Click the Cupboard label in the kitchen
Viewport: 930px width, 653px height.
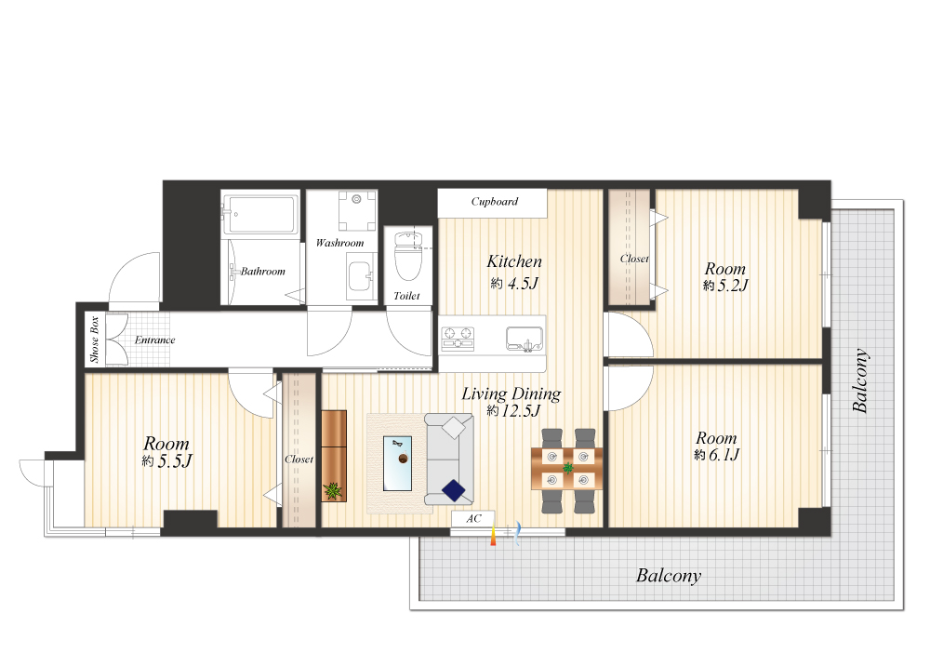coord(494,202)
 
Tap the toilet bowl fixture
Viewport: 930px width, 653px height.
coord(408,256)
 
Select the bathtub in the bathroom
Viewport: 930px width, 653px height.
coord(260,214)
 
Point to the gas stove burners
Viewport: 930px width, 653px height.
coord(458,338)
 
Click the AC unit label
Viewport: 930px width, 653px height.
coord(473,518)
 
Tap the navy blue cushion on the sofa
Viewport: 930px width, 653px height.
coord(454,490)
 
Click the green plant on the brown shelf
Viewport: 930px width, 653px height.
coord(333,490)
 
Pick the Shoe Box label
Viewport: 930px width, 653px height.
coord(94,339)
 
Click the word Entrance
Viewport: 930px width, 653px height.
coord(154,340)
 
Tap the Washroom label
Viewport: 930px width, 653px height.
coord(339,243)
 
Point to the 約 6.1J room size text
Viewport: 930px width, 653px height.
coord(716,455)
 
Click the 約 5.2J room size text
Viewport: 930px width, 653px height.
coord(725,286)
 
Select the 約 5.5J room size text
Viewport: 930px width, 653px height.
coord(166,460)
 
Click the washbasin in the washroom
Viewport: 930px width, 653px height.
coord(361,276)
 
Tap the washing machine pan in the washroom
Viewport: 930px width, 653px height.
coord(357,210)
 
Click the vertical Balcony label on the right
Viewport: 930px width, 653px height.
coord(860,380)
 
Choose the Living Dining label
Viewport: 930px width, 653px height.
coord(511,393)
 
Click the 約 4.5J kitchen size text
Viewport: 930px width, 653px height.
coord(514,284)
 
